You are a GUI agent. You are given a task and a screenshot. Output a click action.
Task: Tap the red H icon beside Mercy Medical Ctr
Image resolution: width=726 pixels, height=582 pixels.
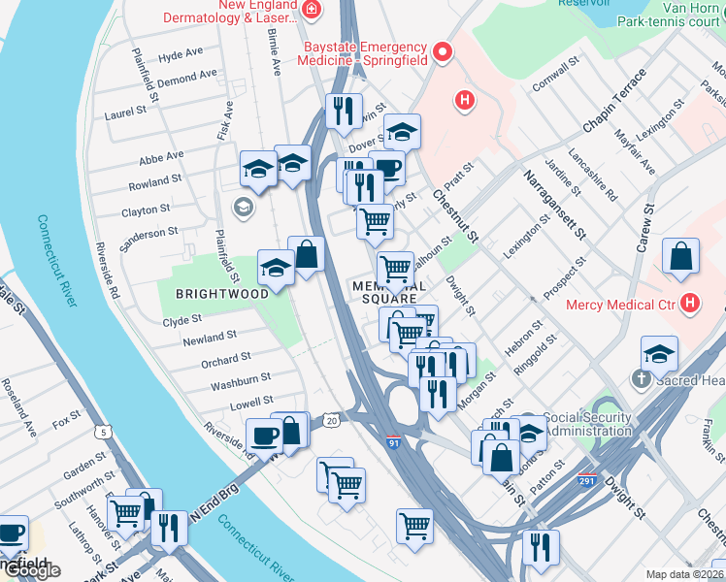[x=689, y=304]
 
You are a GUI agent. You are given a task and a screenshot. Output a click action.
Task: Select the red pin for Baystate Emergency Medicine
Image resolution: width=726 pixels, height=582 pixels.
[x=445, y=52]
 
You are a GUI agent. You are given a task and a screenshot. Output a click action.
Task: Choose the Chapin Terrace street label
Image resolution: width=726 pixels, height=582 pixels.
[x=613, y=102]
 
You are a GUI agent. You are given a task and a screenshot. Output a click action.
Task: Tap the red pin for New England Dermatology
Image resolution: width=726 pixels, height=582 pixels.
[x=313, y=11]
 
